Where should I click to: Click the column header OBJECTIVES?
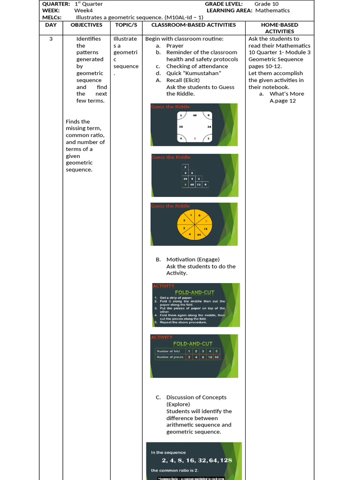(86, 25)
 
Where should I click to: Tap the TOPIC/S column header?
(125, 25)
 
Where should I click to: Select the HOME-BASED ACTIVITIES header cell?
(279, 28)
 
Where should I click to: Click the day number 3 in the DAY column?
(51, 39)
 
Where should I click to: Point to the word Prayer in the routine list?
(175, 46)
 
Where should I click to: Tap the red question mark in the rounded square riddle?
(195, 139)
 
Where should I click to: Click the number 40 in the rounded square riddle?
(195, 115)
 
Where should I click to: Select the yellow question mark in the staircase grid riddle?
(185, 184)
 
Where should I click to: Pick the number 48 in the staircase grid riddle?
(192, 184)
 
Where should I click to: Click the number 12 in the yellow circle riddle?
(205, 228)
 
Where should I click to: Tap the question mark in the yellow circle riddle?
(206, 221)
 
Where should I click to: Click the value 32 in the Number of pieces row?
(217, 357)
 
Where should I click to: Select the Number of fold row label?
(169, 351)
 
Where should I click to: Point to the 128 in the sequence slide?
(225, 460)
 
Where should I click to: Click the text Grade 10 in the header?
(266, 4)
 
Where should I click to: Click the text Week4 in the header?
(82, 10)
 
